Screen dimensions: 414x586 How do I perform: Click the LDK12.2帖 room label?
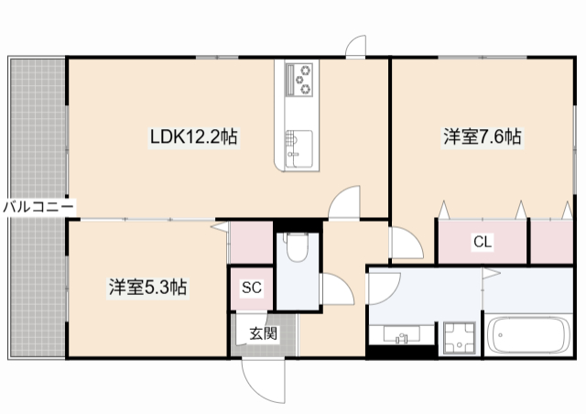click(x=195, y=137)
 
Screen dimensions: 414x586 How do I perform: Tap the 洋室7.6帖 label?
click(x=483, y=137)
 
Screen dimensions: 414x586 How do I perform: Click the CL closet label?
click(x=482, y=243)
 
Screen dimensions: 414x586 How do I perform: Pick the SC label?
click(x=252, y=288)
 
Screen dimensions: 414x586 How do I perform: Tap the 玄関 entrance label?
click(x=263, y=333)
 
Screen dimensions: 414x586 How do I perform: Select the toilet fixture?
click(x=297, y=248)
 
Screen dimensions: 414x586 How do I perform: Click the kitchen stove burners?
click(x=299, y=80)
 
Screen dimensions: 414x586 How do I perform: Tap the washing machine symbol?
click(x=457, y=337)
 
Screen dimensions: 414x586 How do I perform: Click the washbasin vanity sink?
click(x=400, y=335)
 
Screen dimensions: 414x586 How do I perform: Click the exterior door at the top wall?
click(x=356, y=46)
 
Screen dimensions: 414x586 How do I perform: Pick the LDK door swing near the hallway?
click(x=346, y=202)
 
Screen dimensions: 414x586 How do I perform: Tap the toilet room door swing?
click(x=335, y=291)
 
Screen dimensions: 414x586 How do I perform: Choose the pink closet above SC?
click(x=250, y=242)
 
